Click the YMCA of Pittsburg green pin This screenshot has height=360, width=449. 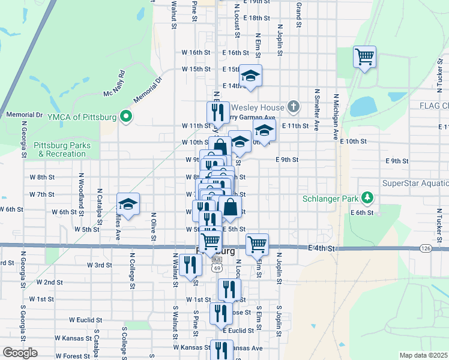[125, 116]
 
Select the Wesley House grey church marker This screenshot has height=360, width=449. [293, 106]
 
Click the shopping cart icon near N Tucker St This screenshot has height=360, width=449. [364, 57]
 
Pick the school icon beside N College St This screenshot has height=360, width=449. [128, 204]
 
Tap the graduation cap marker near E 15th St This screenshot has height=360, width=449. [250, 76]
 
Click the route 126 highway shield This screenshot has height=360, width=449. [425, 248]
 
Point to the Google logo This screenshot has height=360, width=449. [20, 352]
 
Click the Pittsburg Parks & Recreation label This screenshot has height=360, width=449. [62, 149]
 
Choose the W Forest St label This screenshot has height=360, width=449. [73, 356]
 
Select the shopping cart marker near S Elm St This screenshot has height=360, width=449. [257, 244]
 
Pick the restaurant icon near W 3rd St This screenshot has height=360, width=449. [190, 265]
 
